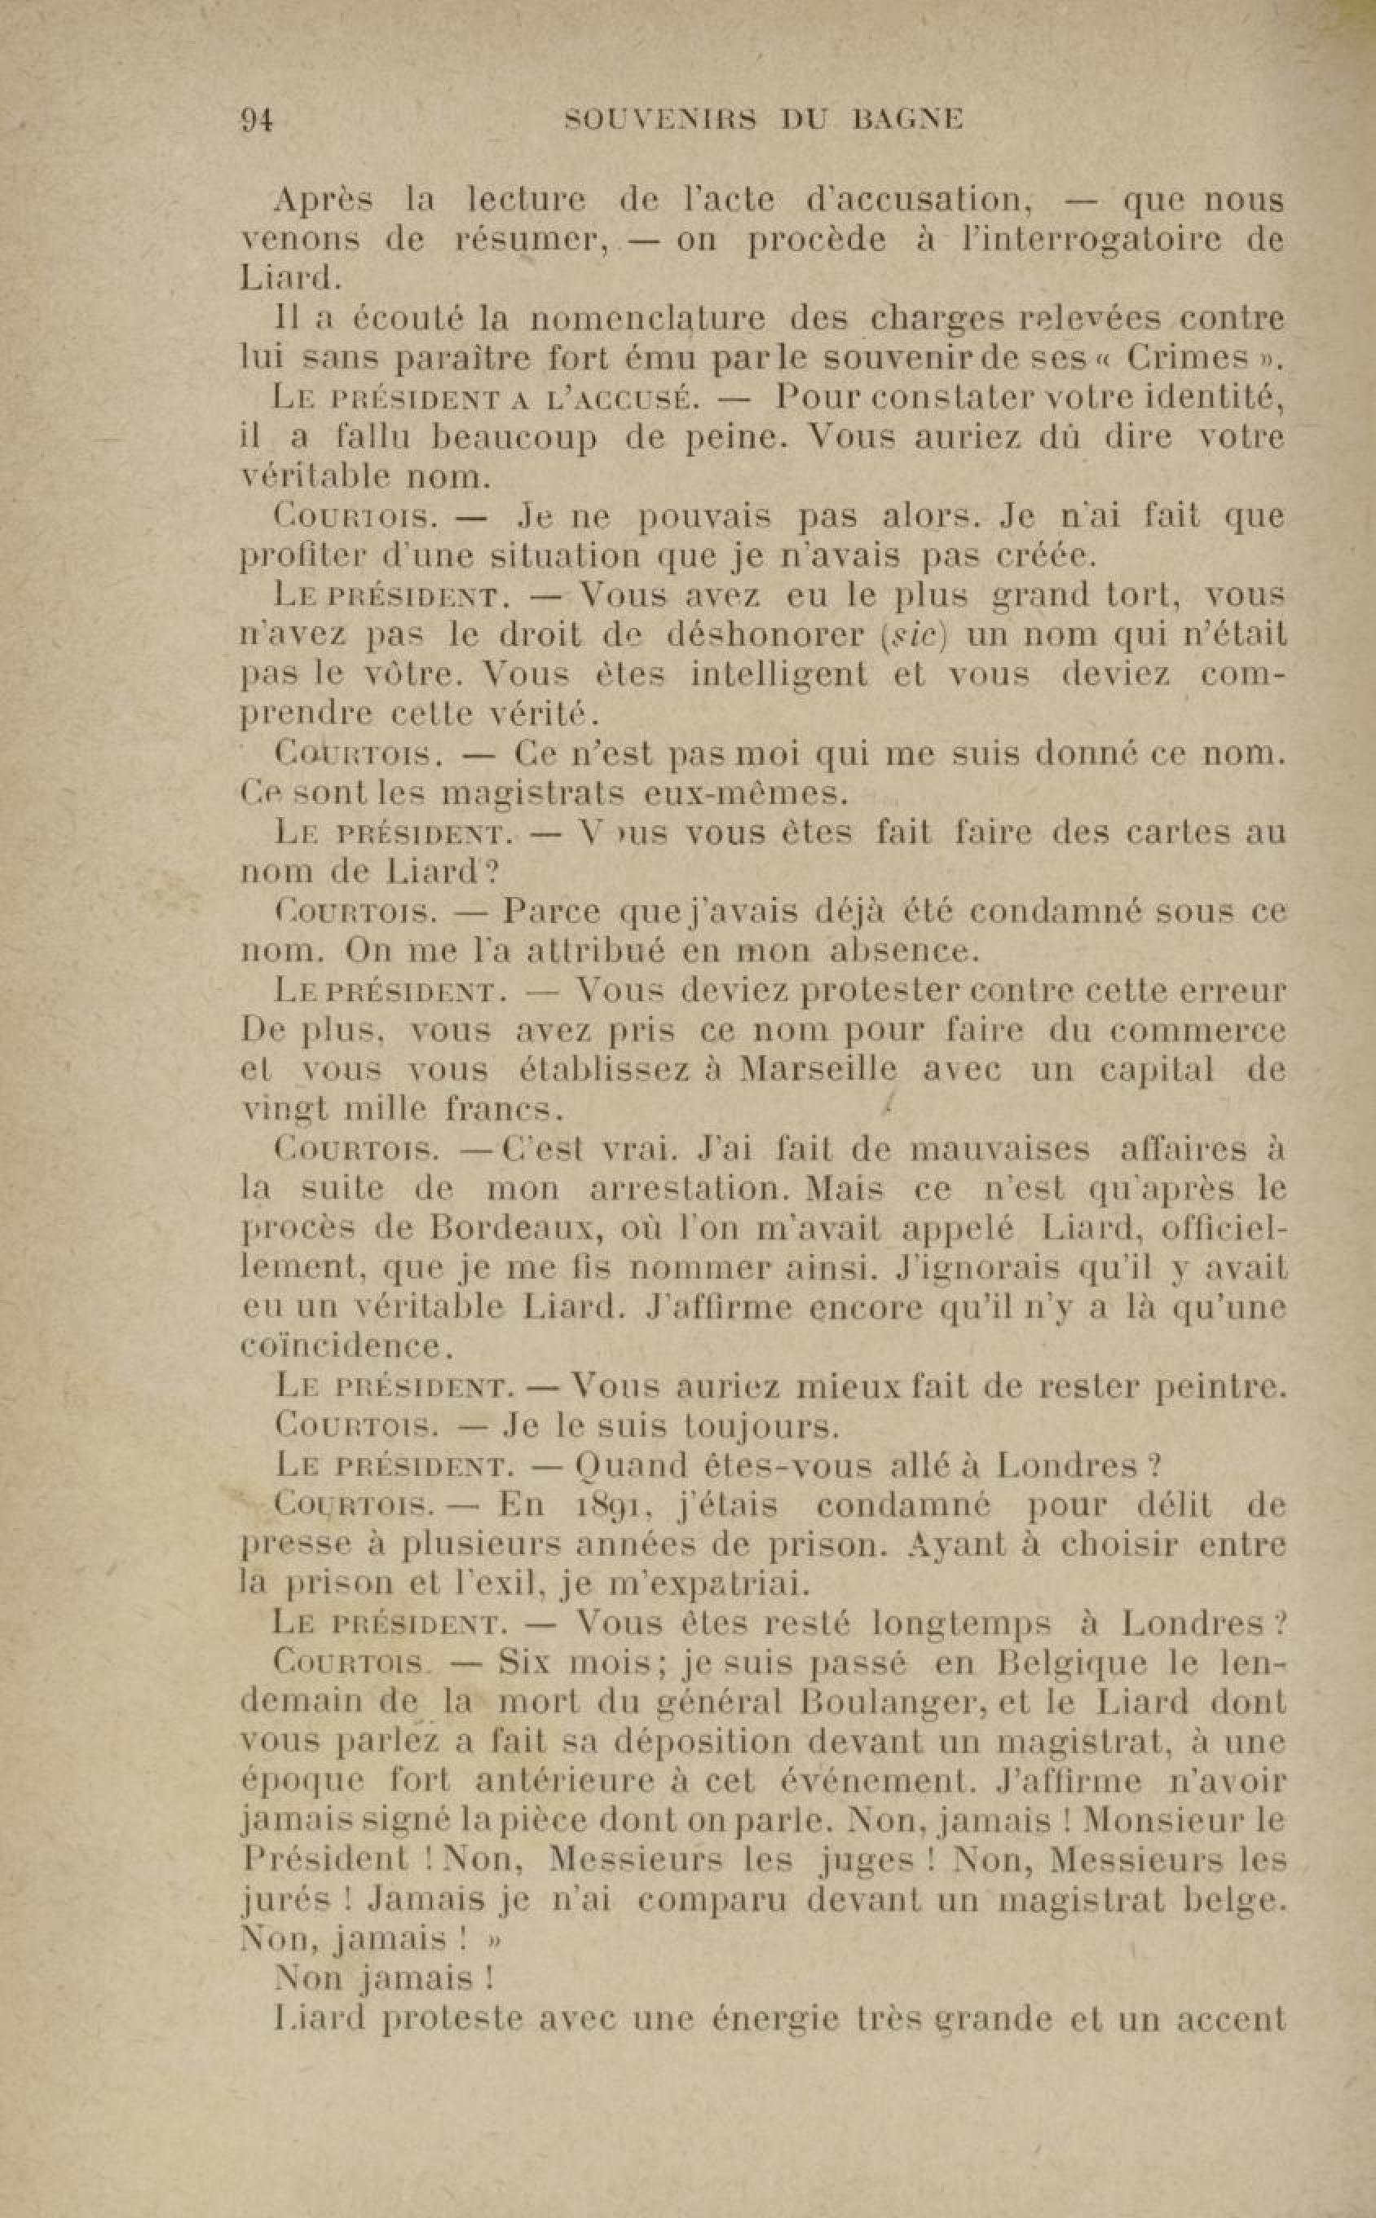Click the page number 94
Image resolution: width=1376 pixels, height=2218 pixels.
tap(257, 119)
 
